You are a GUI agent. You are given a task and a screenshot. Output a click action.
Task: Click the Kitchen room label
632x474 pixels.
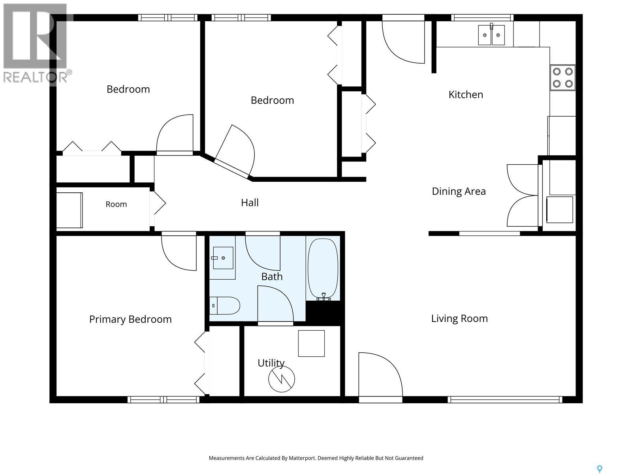coord(466,94)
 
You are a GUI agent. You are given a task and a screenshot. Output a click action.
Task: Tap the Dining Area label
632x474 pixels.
coord(459,191)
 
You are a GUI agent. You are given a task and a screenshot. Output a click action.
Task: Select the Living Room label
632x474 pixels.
coord(459,319)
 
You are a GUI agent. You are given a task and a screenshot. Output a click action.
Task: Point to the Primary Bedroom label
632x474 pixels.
coord(130,319)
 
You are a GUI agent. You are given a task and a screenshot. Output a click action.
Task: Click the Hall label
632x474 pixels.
coord(250,203)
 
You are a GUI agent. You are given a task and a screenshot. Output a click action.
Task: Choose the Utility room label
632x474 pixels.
coord(271,363)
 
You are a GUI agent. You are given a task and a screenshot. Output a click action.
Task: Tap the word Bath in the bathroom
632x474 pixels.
coord(272,276)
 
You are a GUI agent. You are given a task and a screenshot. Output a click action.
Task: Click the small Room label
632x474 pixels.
coord(116,204)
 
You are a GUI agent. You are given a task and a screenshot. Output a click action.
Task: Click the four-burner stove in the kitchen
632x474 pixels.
coord(562,77)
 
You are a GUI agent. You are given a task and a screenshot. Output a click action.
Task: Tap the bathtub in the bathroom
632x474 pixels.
coord(323,269)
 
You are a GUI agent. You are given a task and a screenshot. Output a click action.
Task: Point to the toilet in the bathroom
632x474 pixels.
coord(225,306)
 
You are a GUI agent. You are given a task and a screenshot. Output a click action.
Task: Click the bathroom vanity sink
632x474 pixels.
coord(223,258)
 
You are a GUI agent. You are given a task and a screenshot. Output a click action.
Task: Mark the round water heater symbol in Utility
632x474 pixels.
coord(281,379)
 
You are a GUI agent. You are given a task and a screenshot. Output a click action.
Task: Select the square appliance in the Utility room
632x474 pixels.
coord(311,343)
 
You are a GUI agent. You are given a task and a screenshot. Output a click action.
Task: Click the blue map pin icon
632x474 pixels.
coord(600,461)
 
